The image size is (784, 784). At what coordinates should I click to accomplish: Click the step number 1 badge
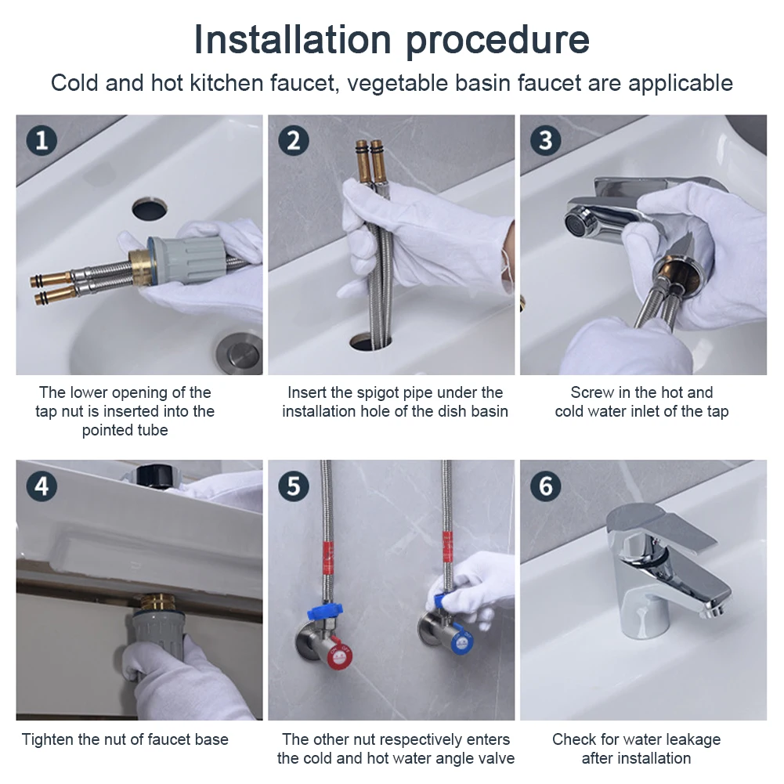[x=42, y=140]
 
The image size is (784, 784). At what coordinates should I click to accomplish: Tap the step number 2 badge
[x=294, y=140]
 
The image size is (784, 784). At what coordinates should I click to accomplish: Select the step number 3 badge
[x=545, y=140]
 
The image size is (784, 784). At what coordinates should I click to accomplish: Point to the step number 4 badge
[x=42, y=486]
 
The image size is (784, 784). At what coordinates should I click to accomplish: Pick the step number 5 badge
[x=294, y=486]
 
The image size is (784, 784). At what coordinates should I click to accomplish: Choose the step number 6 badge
[x=545, y=486]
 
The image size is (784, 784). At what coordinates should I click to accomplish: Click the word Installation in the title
[x=292, y=39]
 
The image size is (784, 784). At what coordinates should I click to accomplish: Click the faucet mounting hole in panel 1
[x=150, y=208]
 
